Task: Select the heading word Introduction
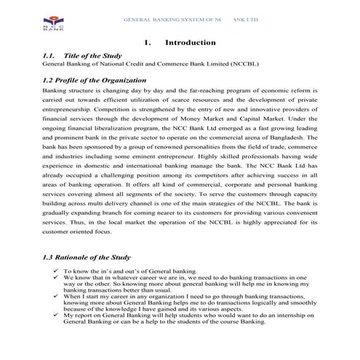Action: pos(190,43)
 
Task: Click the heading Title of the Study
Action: pos(92,56)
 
